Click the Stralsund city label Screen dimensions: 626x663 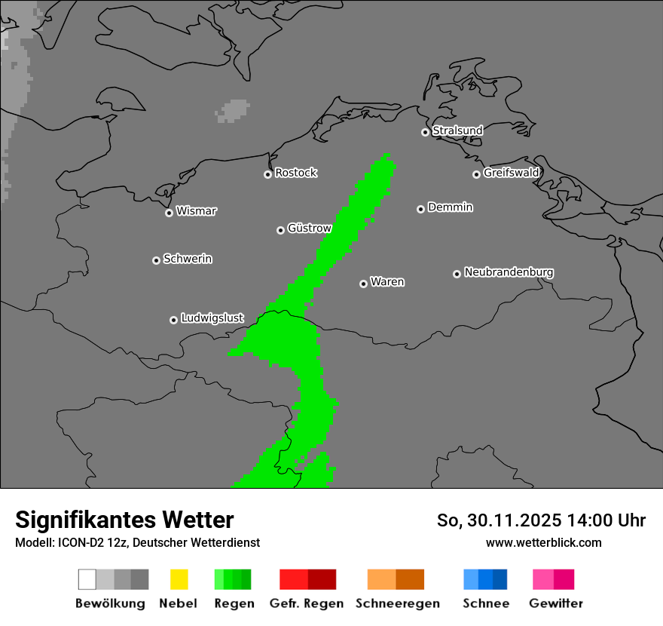coord(457,130)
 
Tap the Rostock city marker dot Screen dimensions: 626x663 coord(267,174)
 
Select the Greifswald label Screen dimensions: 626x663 coord(511,173)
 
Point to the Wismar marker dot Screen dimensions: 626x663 coord(169,213)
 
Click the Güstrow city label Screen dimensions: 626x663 coord(310,229)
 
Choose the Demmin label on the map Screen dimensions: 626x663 coord(450,207)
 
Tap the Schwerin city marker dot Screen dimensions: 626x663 coord(156,260)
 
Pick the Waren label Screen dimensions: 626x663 coord(387,282)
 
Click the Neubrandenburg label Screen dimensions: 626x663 coord(509,272)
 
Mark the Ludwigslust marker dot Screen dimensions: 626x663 coord(173,320)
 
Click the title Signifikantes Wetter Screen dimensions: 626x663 coord(124,520)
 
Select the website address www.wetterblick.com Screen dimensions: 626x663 coord(543,542)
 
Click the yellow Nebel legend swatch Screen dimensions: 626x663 coord(179,579)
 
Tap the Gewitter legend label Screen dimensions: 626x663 coord(556,603)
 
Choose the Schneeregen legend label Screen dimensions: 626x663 coord(398,603)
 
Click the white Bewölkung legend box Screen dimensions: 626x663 coord(87,579)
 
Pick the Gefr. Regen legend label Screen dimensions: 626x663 coord(306,603)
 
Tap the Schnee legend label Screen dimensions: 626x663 coord(486,603)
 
